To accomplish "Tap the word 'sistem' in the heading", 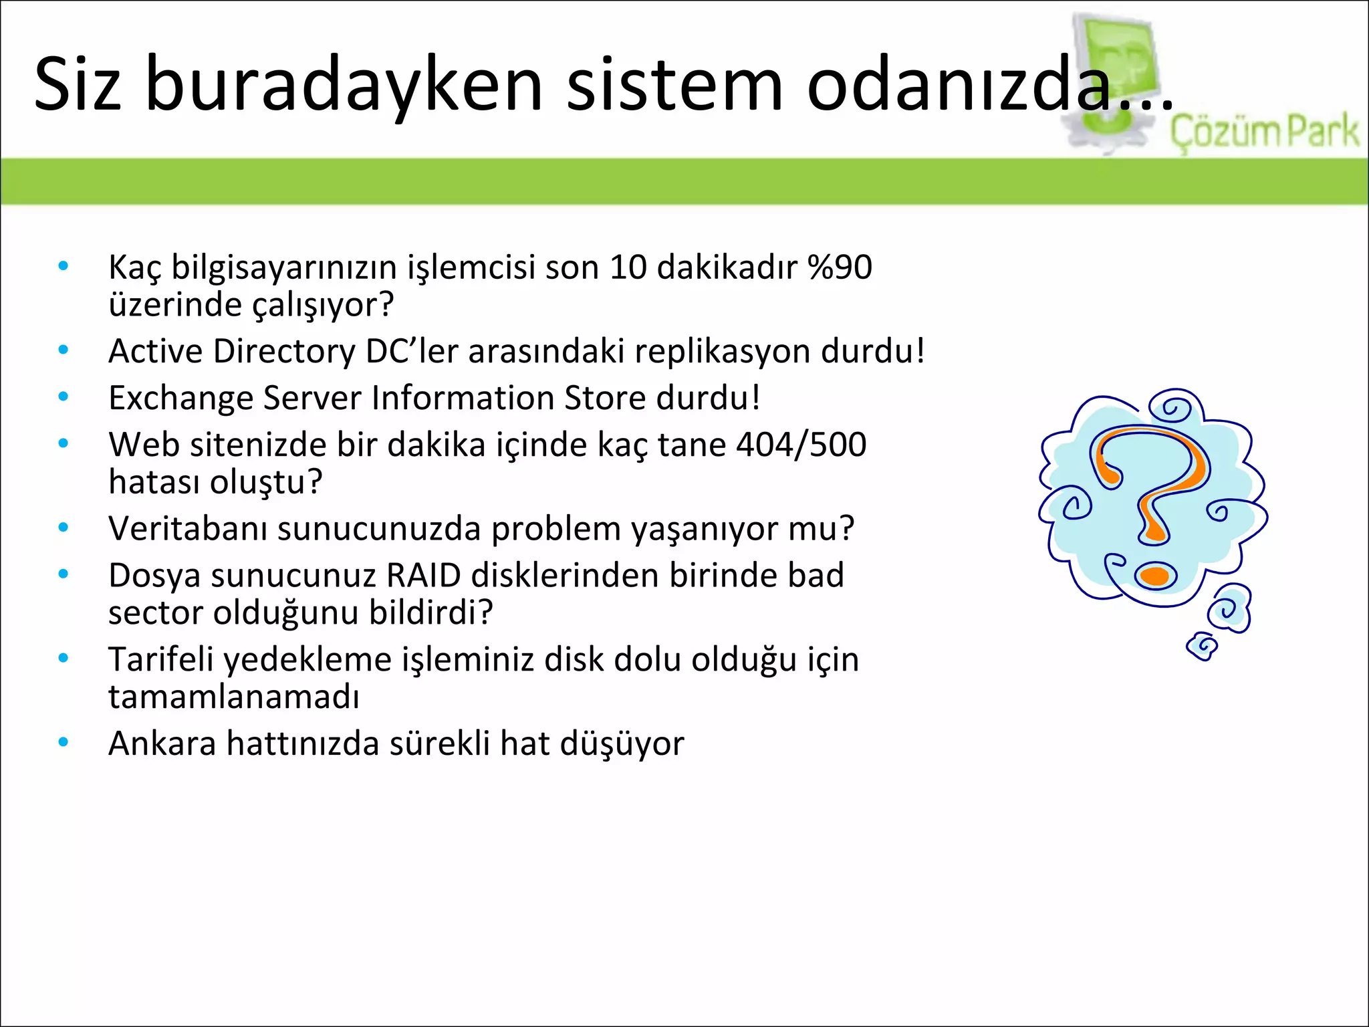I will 674,84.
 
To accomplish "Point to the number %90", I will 840,267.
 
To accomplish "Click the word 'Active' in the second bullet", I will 155,351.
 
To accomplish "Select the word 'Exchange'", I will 180,398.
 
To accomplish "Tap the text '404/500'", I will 801,445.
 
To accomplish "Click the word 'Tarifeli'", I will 160,659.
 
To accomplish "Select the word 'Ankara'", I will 162,744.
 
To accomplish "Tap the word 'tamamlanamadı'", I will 234,697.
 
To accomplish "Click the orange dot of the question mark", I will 1154,576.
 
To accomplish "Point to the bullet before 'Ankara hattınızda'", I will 64,741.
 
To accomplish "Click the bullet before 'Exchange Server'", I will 64,396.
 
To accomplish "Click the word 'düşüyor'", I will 622,744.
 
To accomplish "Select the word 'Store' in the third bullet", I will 605,398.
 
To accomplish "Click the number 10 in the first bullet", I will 628,267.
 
